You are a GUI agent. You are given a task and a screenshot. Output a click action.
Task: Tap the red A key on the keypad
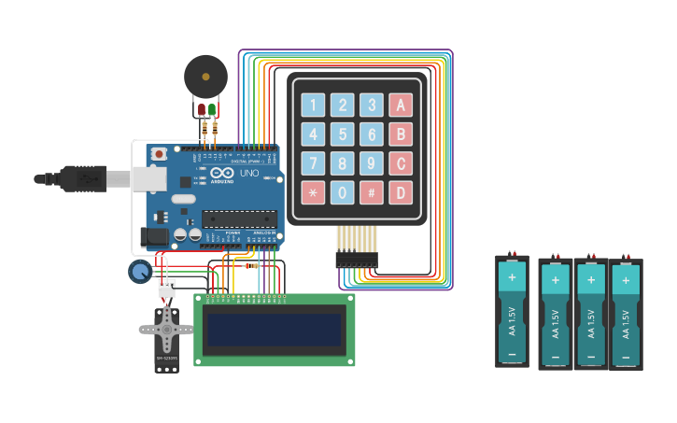pyautogui.click(x=401, y=106)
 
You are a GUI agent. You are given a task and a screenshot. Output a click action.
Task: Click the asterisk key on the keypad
pyautogui.click(x=314, y=193)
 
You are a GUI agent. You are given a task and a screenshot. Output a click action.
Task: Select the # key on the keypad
pyautogui.click(x=372, y=193)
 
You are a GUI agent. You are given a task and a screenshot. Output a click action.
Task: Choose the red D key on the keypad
pyautogui.click(x=401, y=193)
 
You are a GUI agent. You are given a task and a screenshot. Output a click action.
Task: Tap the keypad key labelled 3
pyautogui.click(x=372, y=106)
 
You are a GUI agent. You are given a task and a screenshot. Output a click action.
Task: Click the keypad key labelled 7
pyautogui.click(x=314, y=164)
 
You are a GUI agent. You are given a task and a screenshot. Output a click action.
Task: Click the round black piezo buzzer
pyautogui.click(x=205, y=77)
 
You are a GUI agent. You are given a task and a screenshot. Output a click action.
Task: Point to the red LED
pyautogui.click(x=202, y=110)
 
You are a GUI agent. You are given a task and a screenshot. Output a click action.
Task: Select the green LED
pyautogui.click(x=213, y=110)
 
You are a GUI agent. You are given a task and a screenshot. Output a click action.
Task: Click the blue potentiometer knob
pyautogui.click(x=139, y=272)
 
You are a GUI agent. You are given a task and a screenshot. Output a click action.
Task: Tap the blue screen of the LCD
pyautogui.click(x=274, y=330)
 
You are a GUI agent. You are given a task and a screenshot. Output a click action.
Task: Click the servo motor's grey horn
pyautogui.click(x=166, y=329)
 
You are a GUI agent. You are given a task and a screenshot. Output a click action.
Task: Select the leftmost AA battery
pyautogui.click(x=512, y=311)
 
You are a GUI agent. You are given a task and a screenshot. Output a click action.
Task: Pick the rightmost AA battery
pyautogui.click(x=626, y=315)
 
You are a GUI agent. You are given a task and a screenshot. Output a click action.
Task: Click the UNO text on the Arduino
pyautogui.click(x=249, y=173)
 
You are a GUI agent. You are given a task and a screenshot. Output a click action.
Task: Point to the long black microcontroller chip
pyautogui.click(x=239, y=219)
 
